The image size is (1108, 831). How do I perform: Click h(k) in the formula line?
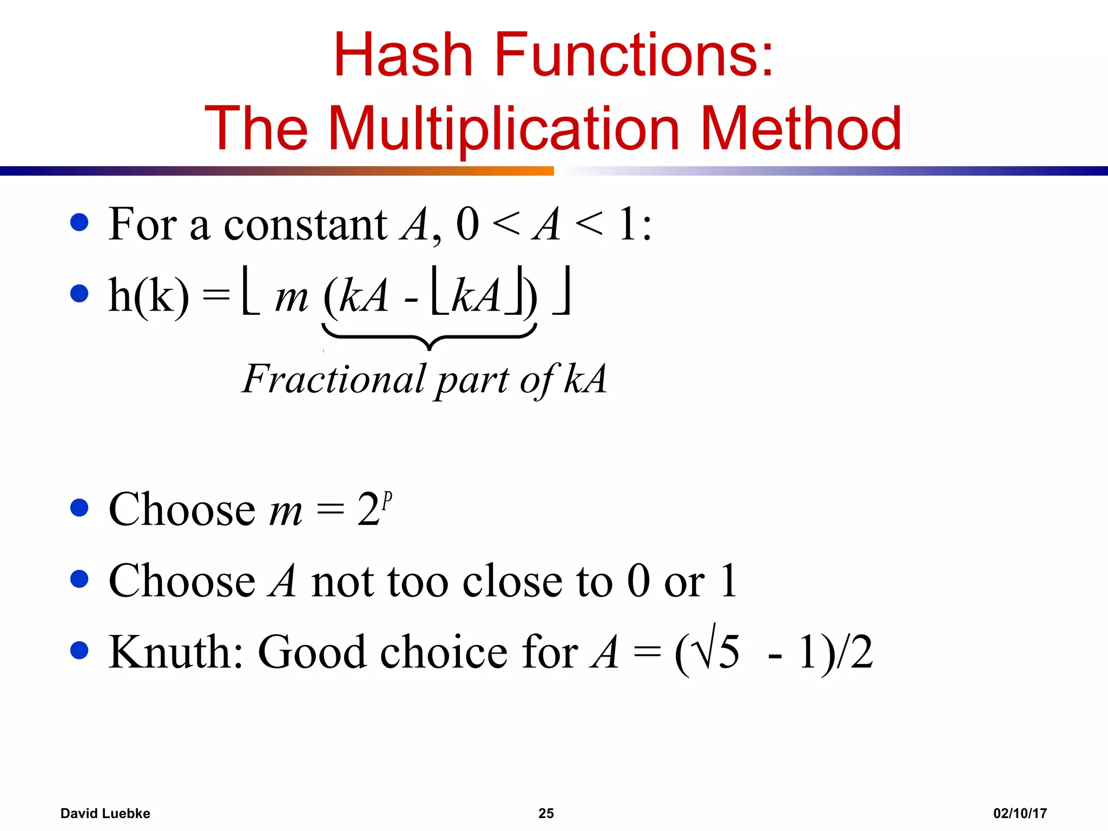[x=149, y=296]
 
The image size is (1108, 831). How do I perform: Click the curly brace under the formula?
[x=429, y=337]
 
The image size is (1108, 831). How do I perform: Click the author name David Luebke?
[x=105, y=813]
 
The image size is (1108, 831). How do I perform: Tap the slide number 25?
[x=546, y=813]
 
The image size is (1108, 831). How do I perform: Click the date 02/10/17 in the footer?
[x=1020, y=813]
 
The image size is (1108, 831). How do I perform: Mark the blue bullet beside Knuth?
[x=80, y=650]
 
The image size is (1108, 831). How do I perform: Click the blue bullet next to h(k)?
[x=80, y=293]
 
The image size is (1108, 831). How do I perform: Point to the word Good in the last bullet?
[x=312, y=652]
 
